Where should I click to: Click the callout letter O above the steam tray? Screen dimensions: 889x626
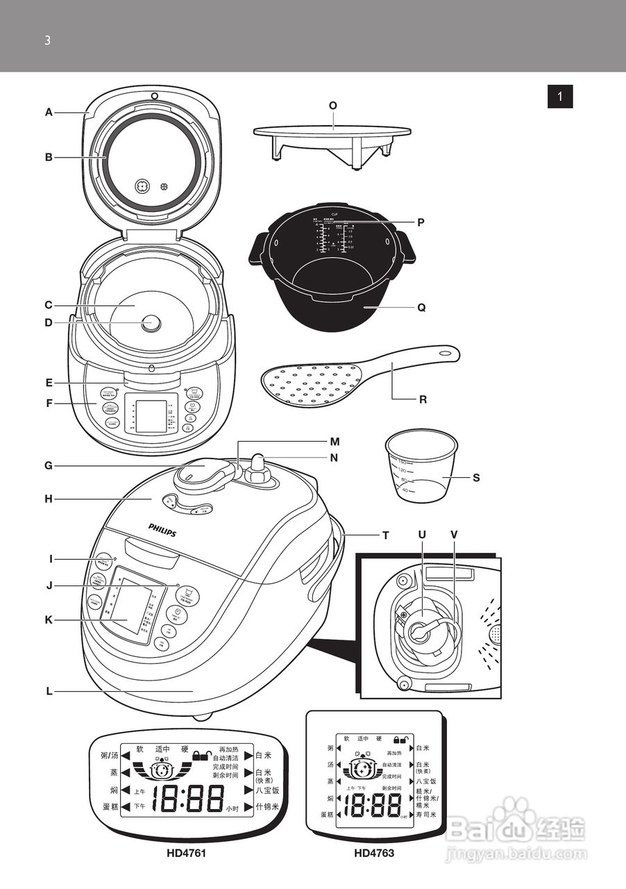point(333,106)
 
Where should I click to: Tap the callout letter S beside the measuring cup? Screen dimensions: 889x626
point(476,478)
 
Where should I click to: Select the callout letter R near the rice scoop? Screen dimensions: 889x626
point(423,400)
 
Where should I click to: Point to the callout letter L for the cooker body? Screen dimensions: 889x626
point(49,691)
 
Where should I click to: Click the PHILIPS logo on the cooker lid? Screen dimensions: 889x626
point(162,531)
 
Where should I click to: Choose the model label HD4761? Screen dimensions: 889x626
point(186,853)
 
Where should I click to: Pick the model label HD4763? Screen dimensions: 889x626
point(374,853)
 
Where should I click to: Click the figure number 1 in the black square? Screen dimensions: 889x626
point(560,96)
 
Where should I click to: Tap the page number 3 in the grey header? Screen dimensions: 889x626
point(47,40)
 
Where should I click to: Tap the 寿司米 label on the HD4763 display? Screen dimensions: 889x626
point(426,814)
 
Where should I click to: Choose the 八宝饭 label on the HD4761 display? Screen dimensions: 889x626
point(267,790)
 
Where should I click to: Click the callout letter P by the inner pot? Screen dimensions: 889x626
point(421,222)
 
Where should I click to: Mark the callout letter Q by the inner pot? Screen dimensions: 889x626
point(421,306)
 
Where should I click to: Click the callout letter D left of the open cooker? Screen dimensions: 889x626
point(49,322)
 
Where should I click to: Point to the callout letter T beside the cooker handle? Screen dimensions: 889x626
point(385,535)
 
